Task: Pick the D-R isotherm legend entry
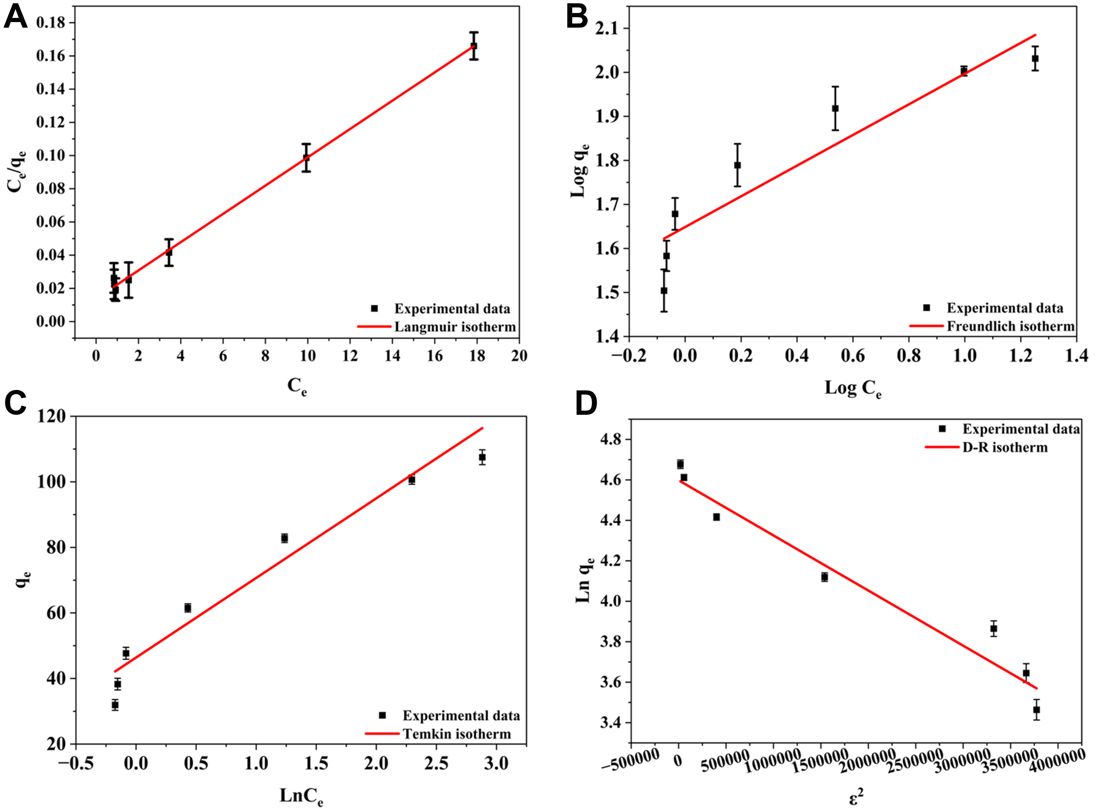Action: [1005, 447]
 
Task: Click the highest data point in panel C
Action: [482, 457]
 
